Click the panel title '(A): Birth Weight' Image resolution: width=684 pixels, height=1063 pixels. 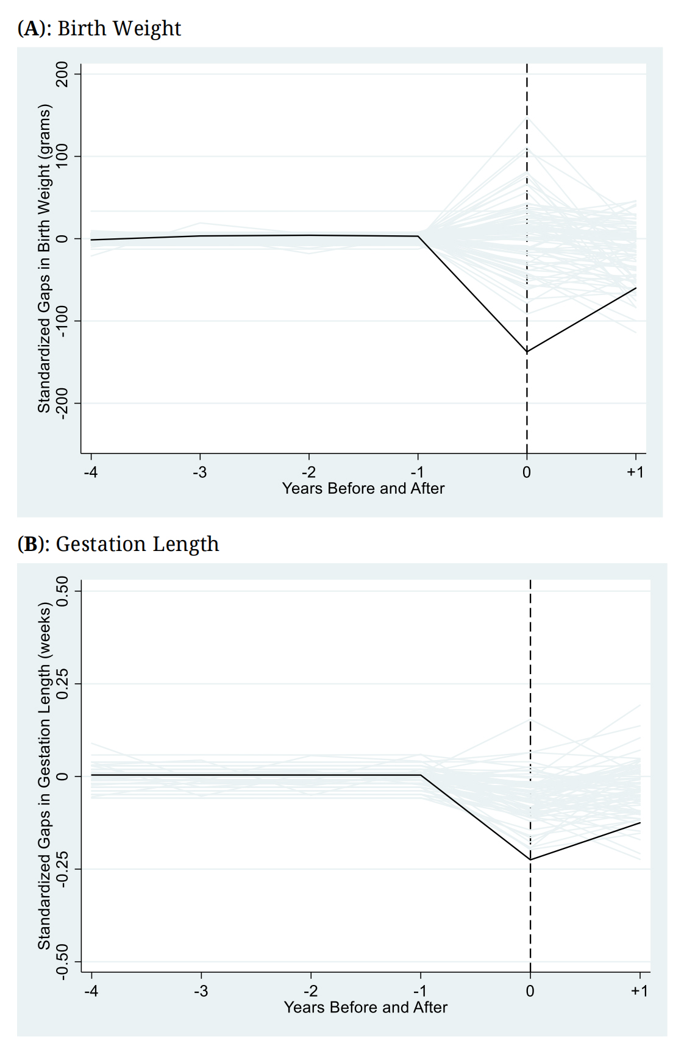(99, 29)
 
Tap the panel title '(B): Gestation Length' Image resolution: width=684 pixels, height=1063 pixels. (118, 544)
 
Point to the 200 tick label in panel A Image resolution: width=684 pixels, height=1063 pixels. (62, 74)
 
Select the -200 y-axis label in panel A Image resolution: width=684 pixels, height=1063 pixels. (62, 403)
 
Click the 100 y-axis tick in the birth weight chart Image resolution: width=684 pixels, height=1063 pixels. (62, 157)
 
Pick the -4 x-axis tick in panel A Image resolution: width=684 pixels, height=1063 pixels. (91, 472)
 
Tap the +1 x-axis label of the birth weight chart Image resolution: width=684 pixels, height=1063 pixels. (635, 472)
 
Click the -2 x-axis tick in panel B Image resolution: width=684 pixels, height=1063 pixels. (310, 991)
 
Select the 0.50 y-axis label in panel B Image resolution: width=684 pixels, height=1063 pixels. (62, 591)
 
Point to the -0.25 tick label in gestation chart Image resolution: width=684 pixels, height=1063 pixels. (62, 869)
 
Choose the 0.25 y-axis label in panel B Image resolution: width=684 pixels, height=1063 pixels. (62, 683)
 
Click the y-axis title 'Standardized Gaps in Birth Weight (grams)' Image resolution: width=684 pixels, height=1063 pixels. (44, 258)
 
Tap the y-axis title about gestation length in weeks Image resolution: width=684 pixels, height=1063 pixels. (44, 776)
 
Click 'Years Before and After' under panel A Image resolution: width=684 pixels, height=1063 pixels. (363, 488)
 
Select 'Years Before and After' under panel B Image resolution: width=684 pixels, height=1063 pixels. (366, 1007)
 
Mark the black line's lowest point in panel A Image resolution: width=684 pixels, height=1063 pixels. (527, 352)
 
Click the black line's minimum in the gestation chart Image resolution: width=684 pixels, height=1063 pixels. (530, 860)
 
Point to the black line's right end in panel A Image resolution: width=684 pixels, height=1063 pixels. (636, 288)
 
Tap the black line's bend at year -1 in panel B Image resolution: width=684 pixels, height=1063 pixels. (421, 775)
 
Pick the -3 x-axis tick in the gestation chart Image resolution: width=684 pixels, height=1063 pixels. (201, 991)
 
